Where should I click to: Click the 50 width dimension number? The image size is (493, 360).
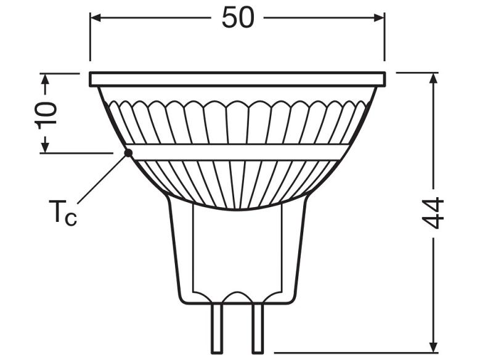[x=237, y=18]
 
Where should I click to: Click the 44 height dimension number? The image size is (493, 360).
[x=433, y=213]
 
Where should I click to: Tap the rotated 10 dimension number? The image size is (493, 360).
[x=46, y=115]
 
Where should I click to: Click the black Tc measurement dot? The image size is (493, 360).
[x=128, y=153]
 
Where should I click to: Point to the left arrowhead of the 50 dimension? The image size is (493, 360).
[x=96, y=18]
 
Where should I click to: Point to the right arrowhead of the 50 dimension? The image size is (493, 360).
[x=379, y=18]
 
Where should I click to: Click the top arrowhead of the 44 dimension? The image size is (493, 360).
[x=434, y=78]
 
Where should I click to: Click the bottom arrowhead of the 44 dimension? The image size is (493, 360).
[x=434, y=347]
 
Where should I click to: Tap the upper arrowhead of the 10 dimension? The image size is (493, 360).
[x=46, y=79]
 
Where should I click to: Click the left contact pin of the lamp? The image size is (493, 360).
[x=217, y=328]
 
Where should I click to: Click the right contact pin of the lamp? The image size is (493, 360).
[x=257, y=328]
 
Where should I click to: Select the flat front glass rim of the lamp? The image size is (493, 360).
[x=237, y=80]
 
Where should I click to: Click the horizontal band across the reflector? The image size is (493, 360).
[x=237, y=152]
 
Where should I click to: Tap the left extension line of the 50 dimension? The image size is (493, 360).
[x=90, y=37]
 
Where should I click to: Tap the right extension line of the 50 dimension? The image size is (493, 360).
[x=385, y=37]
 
